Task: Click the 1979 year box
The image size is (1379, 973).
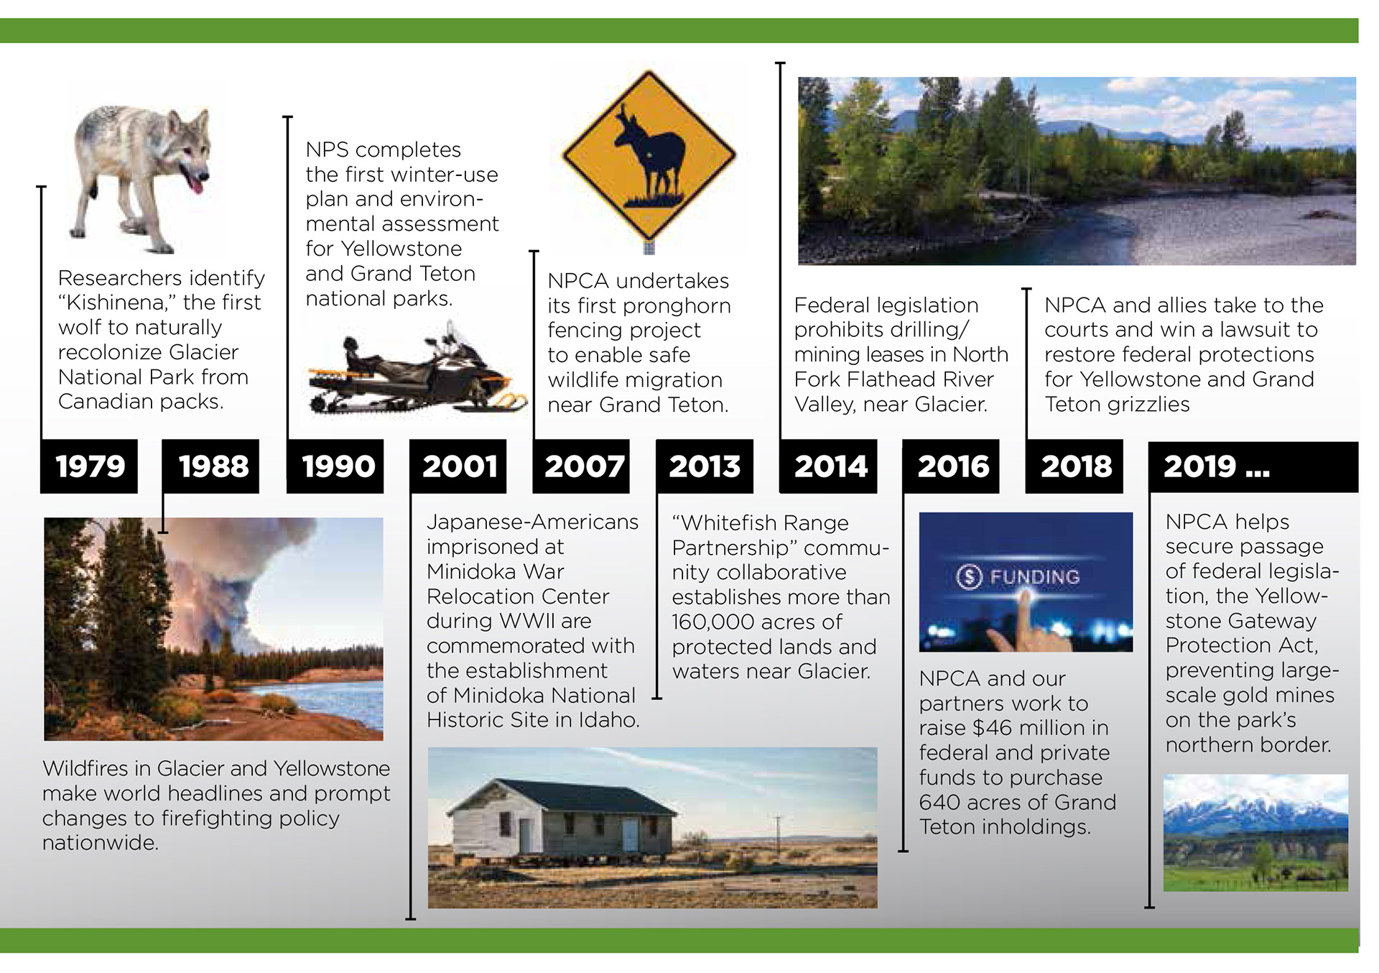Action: [x=89, y=466]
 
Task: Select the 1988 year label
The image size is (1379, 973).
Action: [x=213, y=466]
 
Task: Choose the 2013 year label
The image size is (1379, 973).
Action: [x=705, y=466]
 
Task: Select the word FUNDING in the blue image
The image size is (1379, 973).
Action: [x=1034, y=576]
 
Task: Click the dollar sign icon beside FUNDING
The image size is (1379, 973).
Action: [x=969, y=576]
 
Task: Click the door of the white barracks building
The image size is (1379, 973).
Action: [x=630, y=834]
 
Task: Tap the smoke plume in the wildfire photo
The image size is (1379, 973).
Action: [x=237, y=568]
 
